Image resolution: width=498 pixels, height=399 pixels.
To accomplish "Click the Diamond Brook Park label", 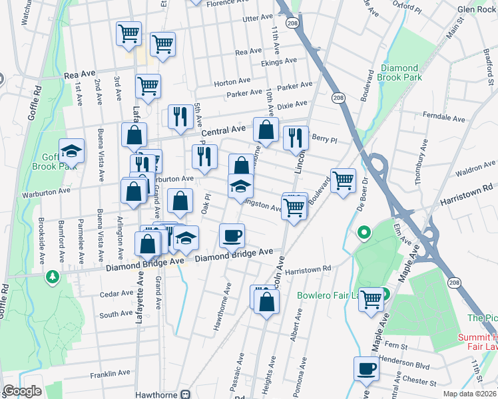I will (399, 73).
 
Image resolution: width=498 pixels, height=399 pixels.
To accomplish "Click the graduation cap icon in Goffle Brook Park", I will (71, 152).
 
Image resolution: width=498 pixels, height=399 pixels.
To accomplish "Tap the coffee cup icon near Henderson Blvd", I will (366, 368).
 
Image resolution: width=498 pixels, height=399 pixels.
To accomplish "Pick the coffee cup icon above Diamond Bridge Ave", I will (232, 235).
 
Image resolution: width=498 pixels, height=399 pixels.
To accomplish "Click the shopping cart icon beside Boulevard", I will (343, 180).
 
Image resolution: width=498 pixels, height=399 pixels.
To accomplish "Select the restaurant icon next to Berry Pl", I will (296, 138).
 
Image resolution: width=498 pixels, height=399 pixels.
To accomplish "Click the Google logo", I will (22, 392).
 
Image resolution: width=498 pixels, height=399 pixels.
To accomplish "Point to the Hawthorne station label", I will (160, 394).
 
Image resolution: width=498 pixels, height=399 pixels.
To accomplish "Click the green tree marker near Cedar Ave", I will (52, 275).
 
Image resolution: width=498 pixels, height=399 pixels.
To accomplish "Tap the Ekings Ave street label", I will (278, 63).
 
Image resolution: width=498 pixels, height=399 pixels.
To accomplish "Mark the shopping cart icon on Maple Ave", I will (371, 299).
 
